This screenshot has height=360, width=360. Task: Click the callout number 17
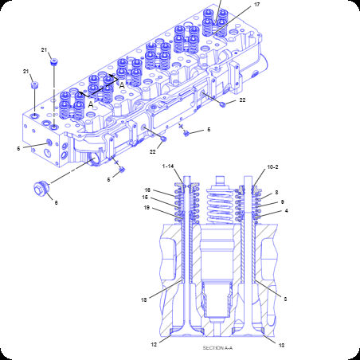coord(256,5)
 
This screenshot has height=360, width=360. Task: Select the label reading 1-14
coord(168,166)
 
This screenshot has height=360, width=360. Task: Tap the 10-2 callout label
coord(272,167)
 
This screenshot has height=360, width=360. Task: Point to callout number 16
coord(147,190)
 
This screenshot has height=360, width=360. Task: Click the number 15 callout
coord(145,198)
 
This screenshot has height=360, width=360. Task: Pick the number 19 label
coord(147,207)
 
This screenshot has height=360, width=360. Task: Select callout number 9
coord(282,202)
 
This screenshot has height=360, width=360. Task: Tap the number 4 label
coord(286,210)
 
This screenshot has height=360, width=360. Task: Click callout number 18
coord(143,299)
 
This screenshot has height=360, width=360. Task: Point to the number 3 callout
coord(285,299)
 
